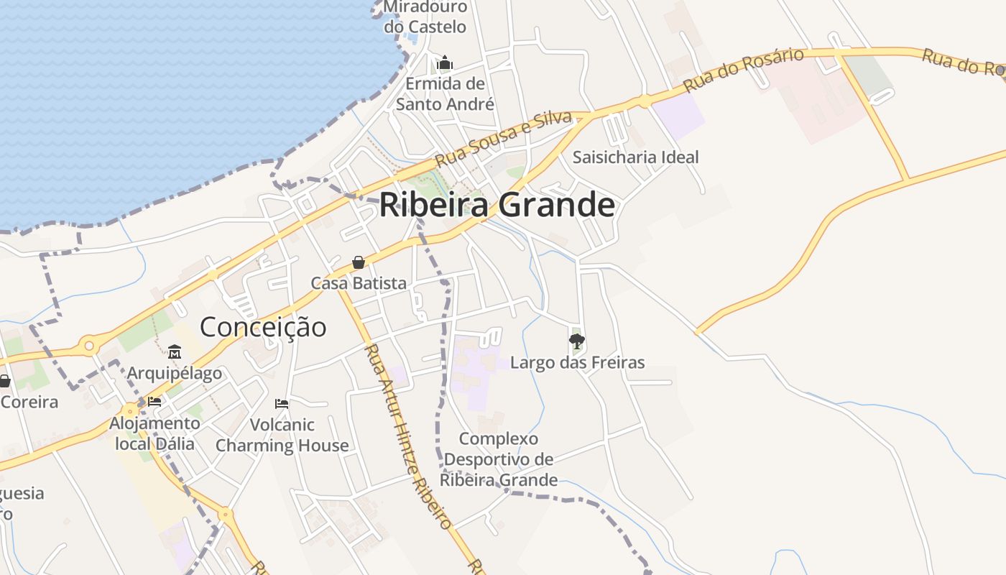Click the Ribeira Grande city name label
coord(497,205)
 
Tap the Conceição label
coord(263,327)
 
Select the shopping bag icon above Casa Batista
coord(358,263)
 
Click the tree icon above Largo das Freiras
coord(576,341)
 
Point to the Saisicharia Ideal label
coord(635,157)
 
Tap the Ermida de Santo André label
coord(446,94)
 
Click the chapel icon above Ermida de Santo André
coord(445,63)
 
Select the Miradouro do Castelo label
coord(425,17)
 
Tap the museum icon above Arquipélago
coord(175,351)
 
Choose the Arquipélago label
coord(175,374)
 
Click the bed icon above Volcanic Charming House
coord(282,403)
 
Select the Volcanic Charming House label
coord(282,435)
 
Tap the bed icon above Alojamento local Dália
coord(154,401)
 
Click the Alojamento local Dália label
coord(154,433)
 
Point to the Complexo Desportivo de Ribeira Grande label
coord(499,459)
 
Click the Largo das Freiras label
coord(577,362)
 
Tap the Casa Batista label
coord(359,283)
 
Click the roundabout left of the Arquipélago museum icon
coord(89,346)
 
